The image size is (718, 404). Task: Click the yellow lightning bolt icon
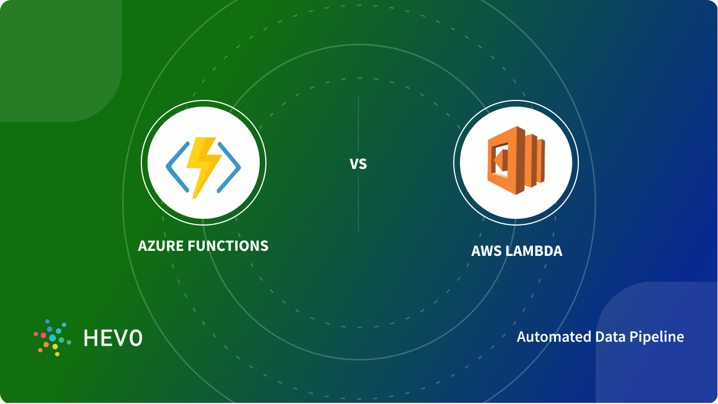tap(203, 164)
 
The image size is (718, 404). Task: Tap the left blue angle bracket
tap(176, 165)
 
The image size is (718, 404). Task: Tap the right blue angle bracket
tap(230, 165)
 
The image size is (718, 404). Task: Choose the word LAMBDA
tap(533, 251)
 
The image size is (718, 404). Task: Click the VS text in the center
tap(358, 164)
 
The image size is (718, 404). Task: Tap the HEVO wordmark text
tap(113, 338)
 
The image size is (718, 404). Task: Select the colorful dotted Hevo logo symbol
tap(52, 338)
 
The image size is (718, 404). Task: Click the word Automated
tap(547, 337)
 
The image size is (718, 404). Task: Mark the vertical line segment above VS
tap(358, 123)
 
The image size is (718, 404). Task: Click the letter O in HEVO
tap(135, 338)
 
